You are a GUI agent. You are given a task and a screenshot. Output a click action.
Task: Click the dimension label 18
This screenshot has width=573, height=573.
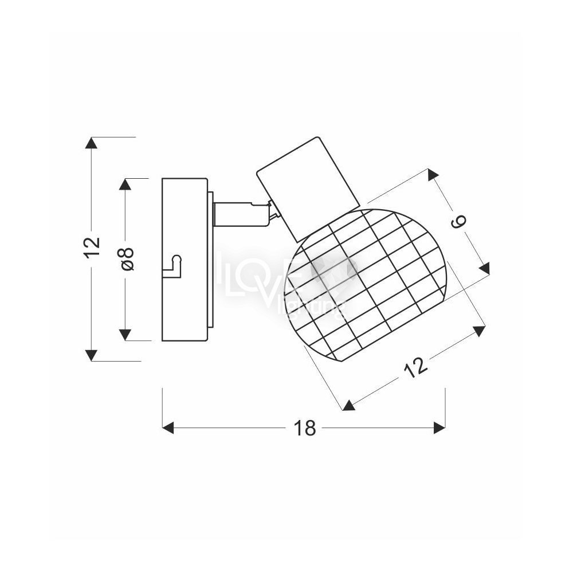(x=304, y=427)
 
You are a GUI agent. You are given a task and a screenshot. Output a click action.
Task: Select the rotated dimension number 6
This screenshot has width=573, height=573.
(x=459, y=222)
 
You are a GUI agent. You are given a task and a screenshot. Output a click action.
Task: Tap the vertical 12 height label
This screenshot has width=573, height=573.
(x=92, y=248)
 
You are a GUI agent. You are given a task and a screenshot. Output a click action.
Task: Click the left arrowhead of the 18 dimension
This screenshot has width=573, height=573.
(x=168, y=427)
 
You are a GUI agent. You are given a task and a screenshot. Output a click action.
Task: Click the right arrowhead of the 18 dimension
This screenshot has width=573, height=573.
(x=439, y=427)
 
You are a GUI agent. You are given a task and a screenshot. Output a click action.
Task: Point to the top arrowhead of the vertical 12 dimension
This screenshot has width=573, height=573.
(x=91, y=143)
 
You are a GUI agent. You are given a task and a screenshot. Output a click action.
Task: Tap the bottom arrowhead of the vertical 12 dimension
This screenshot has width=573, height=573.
(x=91, y=355)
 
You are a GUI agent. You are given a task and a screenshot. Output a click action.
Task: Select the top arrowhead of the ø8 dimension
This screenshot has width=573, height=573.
(x=125, y=184)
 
